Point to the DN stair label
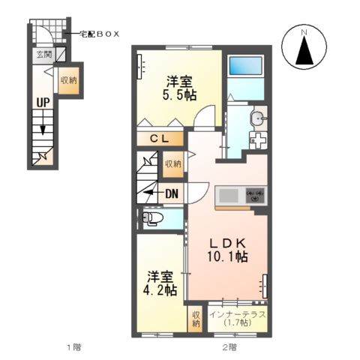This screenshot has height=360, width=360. (171, 194)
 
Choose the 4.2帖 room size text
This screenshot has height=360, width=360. (161, 289)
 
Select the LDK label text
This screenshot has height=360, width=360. (228, 242)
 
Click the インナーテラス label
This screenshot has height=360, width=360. (238, 314)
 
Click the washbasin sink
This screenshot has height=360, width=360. (258, 118)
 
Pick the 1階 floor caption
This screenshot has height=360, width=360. (73, 347)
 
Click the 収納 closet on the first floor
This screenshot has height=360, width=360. (69, 81)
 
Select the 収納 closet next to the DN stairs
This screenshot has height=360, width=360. (172, 163)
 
